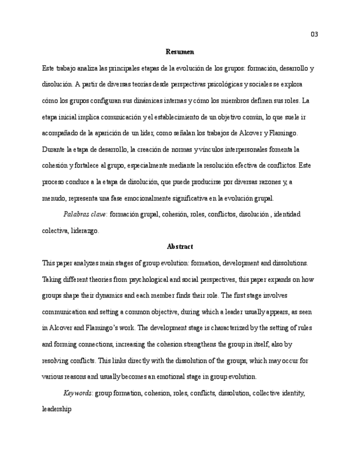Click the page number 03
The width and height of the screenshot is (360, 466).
point(314,35)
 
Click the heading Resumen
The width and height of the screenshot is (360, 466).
point(179,52)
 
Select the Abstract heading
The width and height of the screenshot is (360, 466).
point(179,247)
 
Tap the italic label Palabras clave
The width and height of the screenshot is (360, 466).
point(85,214)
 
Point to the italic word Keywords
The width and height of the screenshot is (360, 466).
point(78,393)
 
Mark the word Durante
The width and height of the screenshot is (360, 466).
point(53,149)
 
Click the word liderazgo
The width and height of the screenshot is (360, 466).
point(85,231)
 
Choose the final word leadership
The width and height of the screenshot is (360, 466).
point(57,409)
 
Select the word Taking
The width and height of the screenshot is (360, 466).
point(52,280)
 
